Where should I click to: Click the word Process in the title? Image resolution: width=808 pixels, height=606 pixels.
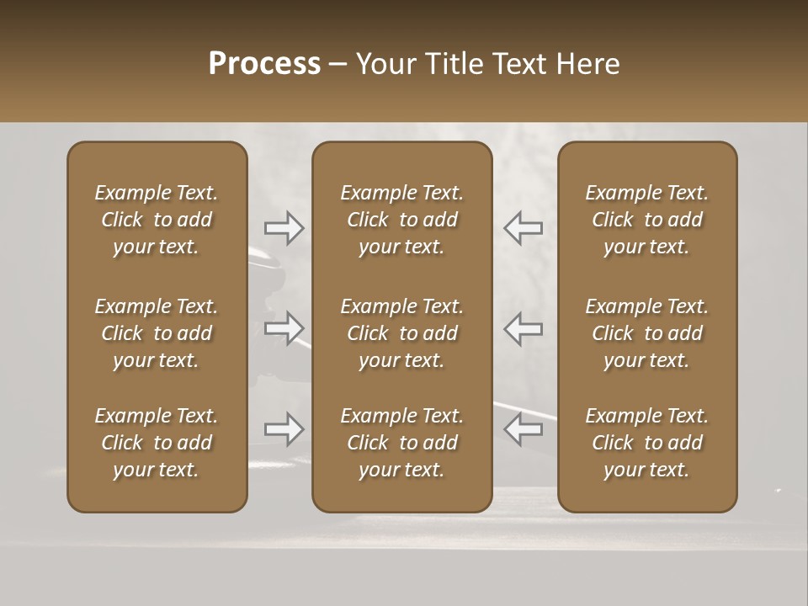[x=264, y=64]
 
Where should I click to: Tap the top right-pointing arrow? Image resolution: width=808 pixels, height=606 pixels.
[x=284, y=228]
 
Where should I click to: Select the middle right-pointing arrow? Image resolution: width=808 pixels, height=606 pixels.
[x=284, y=327]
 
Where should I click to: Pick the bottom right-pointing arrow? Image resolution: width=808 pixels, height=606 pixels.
[x=284, y=429]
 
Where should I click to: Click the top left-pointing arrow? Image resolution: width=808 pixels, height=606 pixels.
[x=523, y=228]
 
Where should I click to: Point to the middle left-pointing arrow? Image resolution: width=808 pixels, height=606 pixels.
[x=523, y=327]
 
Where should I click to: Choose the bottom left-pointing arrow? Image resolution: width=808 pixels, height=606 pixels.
[x=523, y=429]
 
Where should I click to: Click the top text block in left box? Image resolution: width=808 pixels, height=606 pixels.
[x=157, y=220]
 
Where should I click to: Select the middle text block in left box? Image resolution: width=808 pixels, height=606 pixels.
[x=157, y=333]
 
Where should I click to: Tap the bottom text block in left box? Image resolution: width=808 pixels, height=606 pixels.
[x=157, y=443]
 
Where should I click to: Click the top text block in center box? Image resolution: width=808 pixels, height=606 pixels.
[x=401, y=220]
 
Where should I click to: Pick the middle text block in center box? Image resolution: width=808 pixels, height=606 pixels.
[x=401, y=333]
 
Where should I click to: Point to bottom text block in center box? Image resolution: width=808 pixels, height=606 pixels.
[x=401, y=443]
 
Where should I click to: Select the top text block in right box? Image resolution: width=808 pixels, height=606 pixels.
[x=646, y=220]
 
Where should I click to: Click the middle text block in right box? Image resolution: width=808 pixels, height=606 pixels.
[x=646, y=333]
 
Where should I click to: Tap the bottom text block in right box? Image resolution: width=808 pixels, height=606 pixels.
[x=646, y=443]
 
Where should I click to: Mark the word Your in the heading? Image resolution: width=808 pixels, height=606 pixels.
[x=385, y=64]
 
